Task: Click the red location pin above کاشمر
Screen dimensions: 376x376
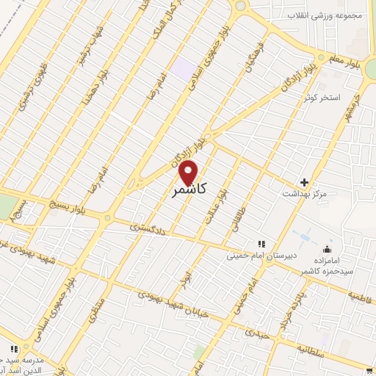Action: pyautogui.click(x=188, y=171)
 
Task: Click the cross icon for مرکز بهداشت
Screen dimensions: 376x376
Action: pyautogui.click(x=305, y=182)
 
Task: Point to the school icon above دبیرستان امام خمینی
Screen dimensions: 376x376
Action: pyautogui.click(x=259, y=244)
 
